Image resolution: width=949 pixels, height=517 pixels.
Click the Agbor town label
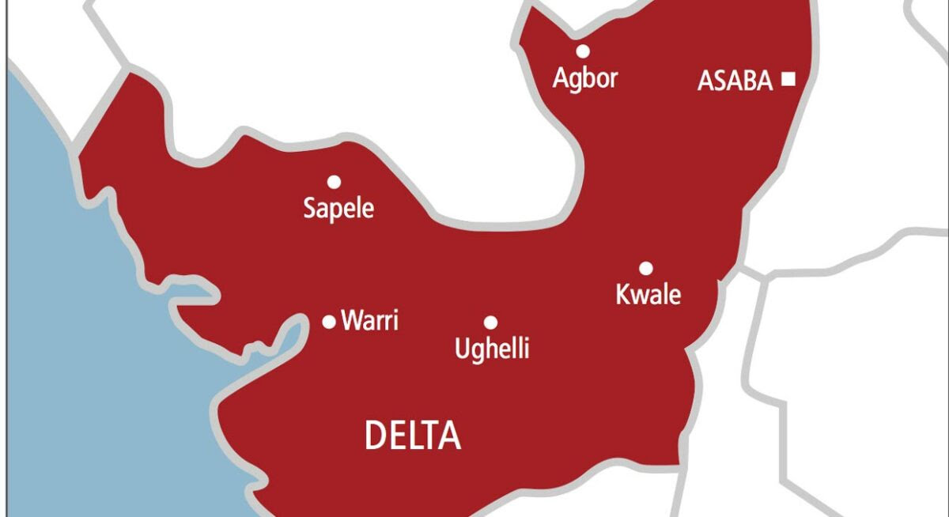pyautogui.click(x=585, y=79)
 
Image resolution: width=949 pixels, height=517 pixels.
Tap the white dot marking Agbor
pyautogui.click(x=583, y=51)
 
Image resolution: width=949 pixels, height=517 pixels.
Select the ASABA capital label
pyautogui.click(x=735, y=81)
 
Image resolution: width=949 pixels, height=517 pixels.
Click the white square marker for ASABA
pyautogui.click(x=788, y=78)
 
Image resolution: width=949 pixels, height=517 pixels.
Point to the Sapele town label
pyautogui.click(x=338, y=209)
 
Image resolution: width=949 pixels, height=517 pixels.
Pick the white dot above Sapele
pyautogui.click(x=334, y=183)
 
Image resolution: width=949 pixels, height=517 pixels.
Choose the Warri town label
pyautogui.click(x=369, y=322)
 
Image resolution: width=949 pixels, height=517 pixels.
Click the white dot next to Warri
pyautogui.click(x=329, y=322)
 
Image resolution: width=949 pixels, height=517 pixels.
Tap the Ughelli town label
pyautogui.click(x=492, y=349)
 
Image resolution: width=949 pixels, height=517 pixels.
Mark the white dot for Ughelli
pyautogui.click(x=490, y=323)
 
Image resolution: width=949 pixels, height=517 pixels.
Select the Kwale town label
pyautogui.click(x=648, y=295)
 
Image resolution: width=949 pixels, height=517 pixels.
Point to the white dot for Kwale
pyautogui.click(x=646, y=268)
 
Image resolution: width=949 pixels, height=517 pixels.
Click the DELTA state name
pyautogui.click(x=412, y=436)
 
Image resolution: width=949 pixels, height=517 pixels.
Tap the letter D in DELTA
pyautogui.click(x=374, y=436)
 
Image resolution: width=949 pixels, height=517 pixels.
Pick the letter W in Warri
pyautogui.click(x=351, y=322)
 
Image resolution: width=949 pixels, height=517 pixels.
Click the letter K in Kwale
pyautogui.click(x=622, y=295)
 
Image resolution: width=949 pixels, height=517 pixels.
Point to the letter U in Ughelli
pyautogui.click(x=462, y=349)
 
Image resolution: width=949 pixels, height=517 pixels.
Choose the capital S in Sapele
pyautogui.click(x=311, y=209)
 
